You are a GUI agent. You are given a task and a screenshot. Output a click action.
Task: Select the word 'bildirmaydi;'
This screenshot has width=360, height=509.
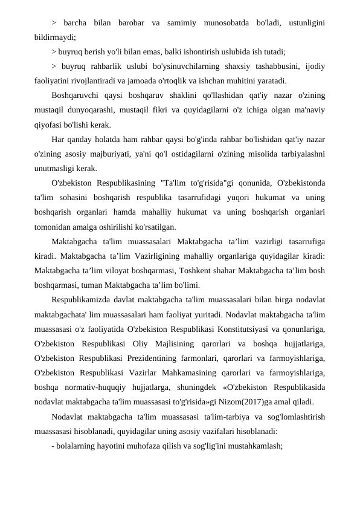point(55,37)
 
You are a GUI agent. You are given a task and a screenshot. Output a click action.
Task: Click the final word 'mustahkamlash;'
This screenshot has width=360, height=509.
point(246,443)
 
